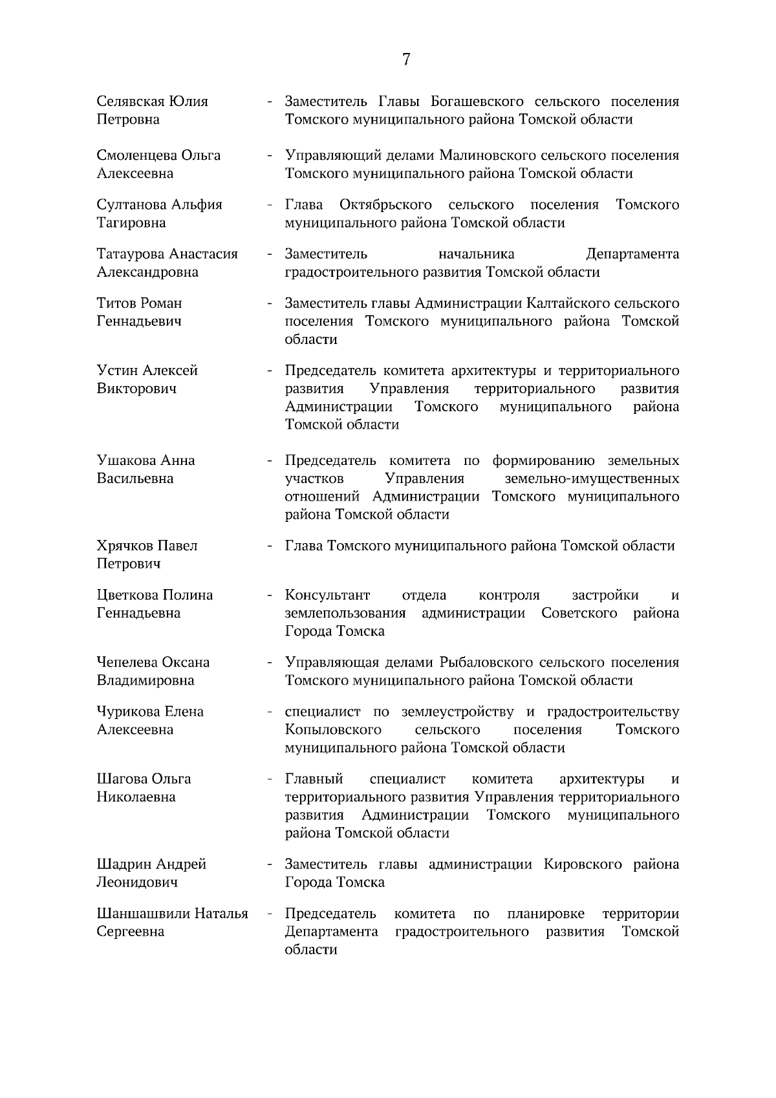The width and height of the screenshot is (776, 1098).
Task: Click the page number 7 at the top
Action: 405,59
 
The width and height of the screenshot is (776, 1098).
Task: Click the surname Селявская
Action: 131,102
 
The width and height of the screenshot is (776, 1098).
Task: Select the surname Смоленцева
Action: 136,156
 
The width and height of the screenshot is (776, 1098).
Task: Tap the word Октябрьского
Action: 385,205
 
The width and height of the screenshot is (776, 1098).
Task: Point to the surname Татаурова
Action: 131,254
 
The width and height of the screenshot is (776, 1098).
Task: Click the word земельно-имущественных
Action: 591,479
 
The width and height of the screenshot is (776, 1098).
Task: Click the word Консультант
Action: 327,595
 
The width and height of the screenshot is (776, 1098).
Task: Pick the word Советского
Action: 579,613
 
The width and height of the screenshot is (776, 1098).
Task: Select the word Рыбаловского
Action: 486,663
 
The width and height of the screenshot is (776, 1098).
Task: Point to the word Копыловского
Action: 332,730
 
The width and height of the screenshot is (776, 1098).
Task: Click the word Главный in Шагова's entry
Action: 314,779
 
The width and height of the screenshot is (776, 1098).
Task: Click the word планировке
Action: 546,914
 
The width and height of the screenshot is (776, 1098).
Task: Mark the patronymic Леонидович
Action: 137,883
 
